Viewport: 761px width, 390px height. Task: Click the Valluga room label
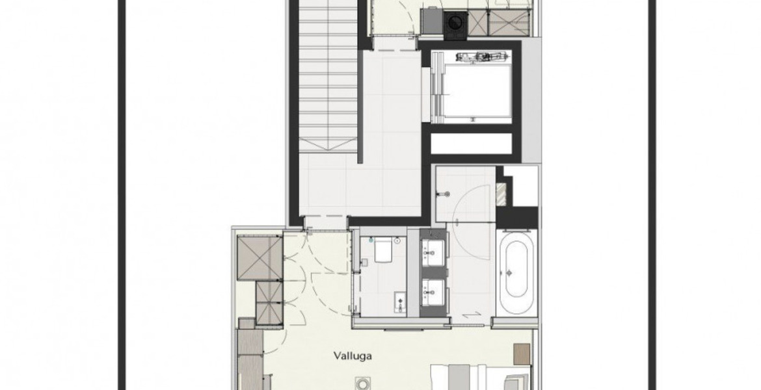tap(353, 356)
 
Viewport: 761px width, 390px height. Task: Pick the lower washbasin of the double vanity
tap(432, 292)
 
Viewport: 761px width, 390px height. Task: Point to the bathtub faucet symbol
tap(509, 272)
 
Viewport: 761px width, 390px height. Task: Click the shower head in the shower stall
tap(443, 194)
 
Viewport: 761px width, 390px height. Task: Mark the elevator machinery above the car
tap(481, 57)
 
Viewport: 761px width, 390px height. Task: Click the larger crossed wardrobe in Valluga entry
tap(260, 257)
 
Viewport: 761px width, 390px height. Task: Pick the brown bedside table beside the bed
tap(522, 354)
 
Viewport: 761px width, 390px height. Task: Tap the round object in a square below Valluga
tap(362, 383)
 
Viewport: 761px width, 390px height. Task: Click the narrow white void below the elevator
tap(472, 144)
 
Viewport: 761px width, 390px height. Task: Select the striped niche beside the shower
tap(501, 193)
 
